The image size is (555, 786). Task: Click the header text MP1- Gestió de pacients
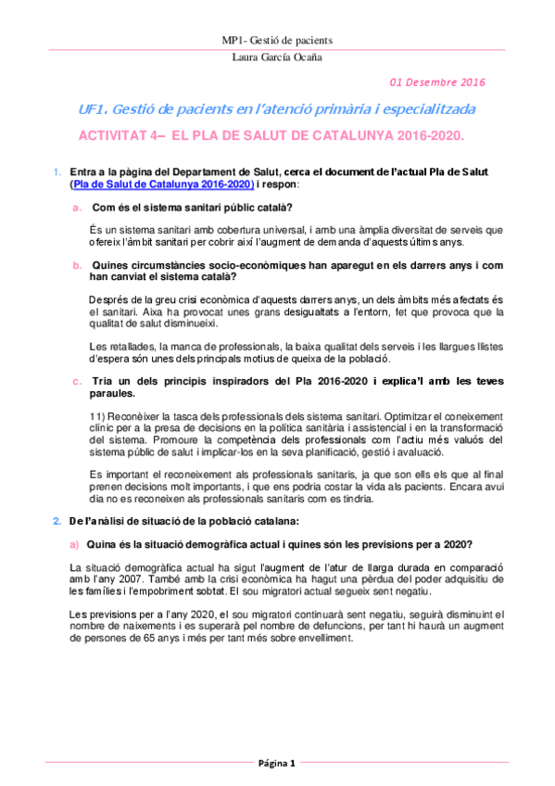[x=277, y=41]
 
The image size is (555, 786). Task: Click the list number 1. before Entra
[x=57, y=172]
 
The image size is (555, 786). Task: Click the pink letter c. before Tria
[x=78, y=381]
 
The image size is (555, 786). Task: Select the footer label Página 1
[x=277, y=763]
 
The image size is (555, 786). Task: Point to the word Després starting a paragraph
[x=108, y=299]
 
